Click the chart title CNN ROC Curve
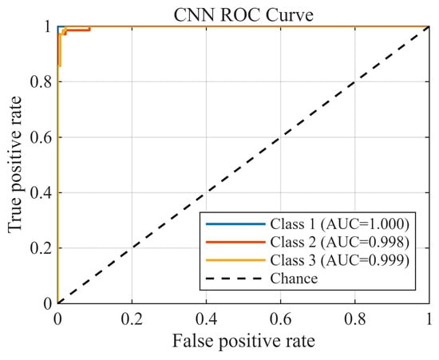point(243,15)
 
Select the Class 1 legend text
point(339,224)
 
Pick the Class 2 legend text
point(339,242)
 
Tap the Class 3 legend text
point(339,260)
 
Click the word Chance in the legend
point(294,279)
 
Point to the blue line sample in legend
point(235,224)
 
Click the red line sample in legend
point(235,242)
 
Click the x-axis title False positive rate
point(243,341)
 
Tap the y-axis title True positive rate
point(14,164)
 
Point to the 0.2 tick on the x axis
point(132,319)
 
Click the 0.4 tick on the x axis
point(207,319)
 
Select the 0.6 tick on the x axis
point(280,319)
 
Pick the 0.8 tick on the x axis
point(355,319)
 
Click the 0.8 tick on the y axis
point(42,82)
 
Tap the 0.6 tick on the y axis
point(42,137)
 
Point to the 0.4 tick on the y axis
point(42,192)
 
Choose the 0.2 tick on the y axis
point(42,248)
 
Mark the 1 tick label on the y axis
point(48,27)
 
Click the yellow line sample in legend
point(235,260)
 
